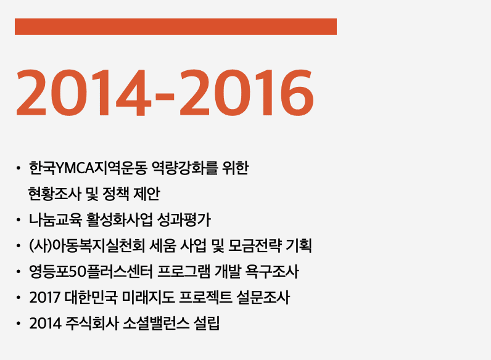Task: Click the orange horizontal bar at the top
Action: click(176, 27)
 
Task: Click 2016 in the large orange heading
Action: click(247, 92)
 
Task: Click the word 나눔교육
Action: click(56, 219)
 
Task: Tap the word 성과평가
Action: click(184, 219)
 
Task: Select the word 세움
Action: click(162, 245)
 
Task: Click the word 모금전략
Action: click(255, 245)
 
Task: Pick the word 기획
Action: click(299, 245)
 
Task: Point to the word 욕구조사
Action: click(272, 271)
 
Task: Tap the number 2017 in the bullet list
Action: click(44, 297)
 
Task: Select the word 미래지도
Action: click(149, 297)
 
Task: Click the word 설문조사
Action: click(263, 297)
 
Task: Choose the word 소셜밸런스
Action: click(156, 323)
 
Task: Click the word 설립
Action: click(207, 323)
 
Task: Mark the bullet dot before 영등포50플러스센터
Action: click(18, 272)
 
